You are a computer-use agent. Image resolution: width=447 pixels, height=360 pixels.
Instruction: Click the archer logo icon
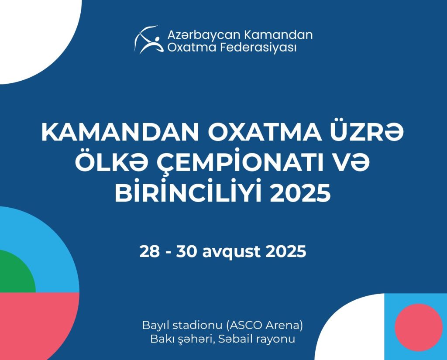tap(149, 40)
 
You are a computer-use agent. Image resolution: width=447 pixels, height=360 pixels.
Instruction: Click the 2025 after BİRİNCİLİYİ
tap(300, 193)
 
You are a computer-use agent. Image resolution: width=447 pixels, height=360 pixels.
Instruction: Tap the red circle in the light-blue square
tap(419, 327)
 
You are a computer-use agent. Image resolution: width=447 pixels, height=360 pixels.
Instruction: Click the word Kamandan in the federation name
tap(278, 35)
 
